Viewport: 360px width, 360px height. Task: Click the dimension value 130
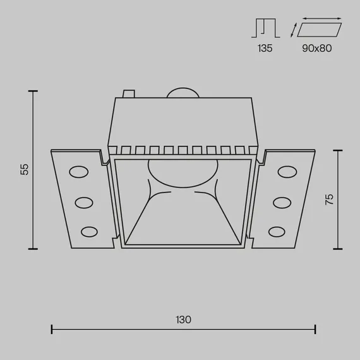click(183, 320)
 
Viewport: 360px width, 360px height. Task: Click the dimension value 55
click(25, 169)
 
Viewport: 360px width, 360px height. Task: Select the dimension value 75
click(329, 199)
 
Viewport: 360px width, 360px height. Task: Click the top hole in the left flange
click(80, 172)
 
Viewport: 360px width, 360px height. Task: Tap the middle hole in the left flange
click(85, 202)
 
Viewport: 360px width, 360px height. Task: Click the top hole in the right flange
click(286, 172)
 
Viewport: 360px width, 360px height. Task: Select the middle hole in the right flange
click(281, 202)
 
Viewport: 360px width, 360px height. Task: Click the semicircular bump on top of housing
click(183, 92)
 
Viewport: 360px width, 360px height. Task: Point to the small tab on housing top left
click(128, 94)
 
